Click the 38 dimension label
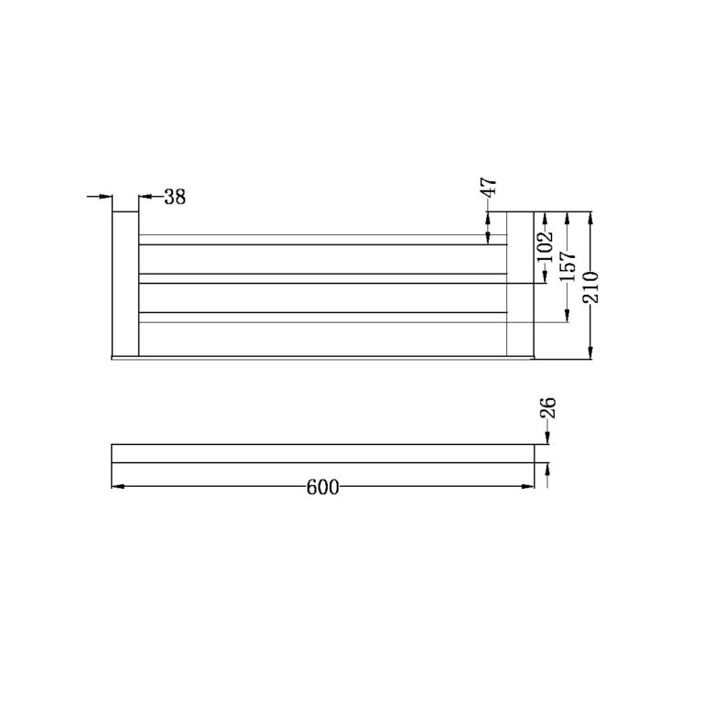[x=175, y=197]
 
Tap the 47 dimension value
[x=490, y=189]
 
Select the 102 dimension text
[x=545, y=247]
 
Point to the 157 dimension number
[x=568, y=265]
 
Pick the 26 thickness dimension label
[x=548, y=409]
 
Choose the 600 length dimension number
[x=322, y=487]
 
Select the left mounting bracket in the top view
[x=124, y=284]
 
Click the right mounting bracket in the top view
[x=520, y=284]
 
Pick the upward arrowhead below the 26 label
[x=547, y=469]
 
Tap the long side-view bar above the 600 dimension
[x=322, y=453]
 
